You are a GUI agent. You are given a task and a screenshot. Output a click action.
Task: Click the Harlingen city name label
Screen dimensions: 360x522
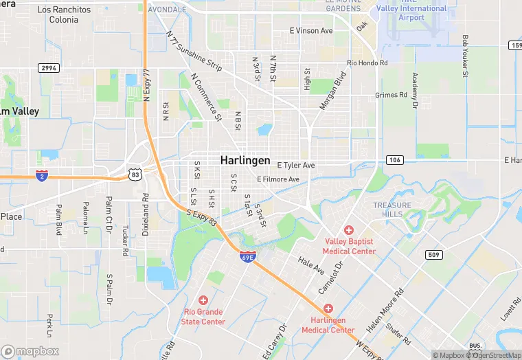pos(245,159)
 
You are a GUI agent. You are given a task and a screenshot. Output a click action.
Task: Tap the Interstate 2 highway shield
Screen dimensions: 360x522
pos(42,175)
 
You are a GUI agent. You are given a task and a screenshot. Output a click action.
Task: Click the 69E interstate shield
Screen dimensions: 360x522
pos(248,257)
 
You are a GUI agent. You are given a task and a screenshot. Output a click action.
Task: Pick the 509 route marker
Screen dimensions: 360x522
pos(433,256)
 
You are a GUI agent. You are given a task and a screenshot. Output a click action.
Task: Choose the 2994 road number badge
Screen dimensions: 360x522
pos(49,68)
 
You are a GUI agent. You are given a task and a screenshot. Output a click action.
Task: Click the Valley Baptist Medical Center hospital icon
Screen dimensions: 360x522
pos(349,230)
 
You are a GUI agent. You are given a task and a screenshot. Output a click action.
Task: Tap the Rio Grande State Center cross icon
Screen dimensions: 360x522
pos(203,300)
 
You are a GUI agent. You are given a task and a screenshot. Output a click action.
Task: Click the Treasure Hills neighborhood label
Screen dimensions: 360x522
pos(392,210)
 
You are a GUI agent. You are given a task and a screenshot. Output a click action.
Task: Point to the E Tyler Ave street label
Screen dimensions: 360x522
pos(295,166)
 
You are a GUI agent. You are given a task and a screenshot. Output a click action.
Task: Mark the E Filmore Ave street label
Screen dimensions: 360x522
pos(278,179)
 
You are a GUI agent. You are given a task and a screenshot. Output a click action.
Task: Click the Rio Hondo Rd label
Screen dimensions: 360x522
pos(367,63)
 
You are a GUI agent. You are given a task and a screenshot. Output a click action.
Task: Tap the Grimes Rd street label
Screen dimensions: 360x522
pos(391,95)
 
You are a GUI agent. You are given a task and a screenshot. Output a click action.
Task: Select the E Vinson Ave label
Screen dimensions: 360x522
pos(311,31)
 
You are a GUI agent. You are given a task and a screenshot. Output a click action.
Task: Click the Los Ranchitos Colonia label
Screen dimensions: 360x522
pos(64,14)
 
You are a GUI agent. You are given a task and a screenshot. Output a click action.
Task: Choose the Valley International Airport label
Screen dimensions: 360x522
pos(412,12)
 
